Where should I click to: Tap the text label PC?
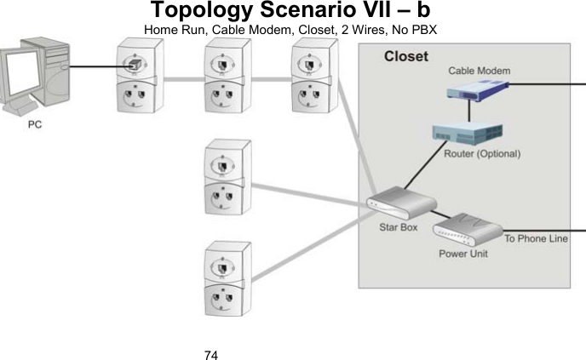coord(36,123)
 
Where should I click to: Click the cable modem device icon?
coord(478,88)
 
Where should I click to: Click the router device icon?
coord(466,134)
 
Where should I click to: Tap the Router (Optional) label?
coord(482,154)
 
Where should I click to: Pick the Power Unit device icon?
coord(468,229)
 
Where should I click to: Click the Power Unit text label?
coord(462,254)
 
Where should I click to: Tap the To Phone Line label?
coord(536,238)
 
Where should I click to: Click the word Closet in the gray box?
coord(406,57)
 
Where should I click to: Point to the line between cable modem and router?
coord(468,110)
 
